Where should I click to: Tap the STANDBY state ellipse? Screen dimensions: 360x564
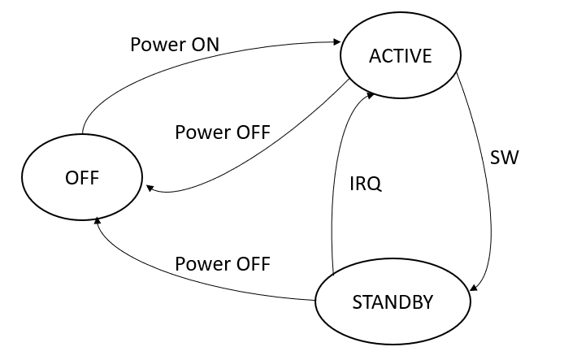(x=393, y=301)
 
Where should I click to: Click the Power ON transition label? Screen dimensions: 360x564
(x=175, y=44)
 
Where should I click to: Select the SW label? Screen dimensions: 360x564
(x=505, y=158)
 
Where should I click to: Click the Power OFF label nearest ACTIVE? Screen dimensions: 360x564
(x=223, y=132)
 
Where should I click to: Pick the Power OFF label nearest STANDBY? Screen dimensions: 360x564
(x=223, y=264)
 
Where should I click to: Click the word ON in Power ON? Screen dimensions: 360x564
(x=204, y=44)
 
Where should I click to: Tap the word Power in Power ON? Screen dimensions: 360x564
(x=157, y=44)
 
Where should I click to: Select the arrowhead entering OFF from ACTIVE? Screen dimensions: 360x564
(x=150, y=188)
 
